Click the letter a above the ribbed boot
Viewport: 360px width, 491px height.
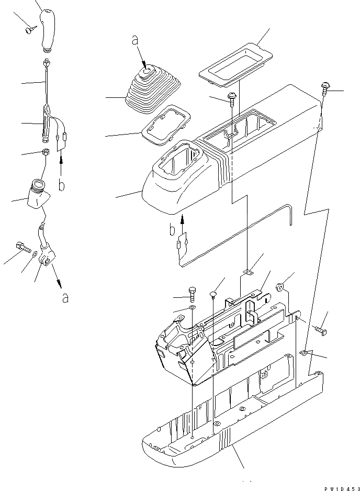pyautogui.click(x=136, y=40)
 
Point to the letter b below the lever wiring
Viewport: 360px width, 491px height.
pyautogui.click(x=62, y=185)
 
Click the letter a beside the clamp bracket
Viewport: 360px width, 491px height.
pyautogui.click(x=64, y=297)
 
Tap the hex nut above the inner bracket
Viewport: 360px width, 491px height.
pyautogui.click(x=280, y=286)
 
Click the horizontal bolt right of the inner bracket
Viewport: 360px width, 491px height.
pyautogui.click(x=321, y=330)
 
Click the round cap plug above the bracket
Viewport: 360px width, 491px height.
pyautogui.click(x=213, y=294)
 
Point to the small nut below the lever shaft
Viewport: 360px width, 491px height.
pyautogui.click(x=46, y=153)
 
